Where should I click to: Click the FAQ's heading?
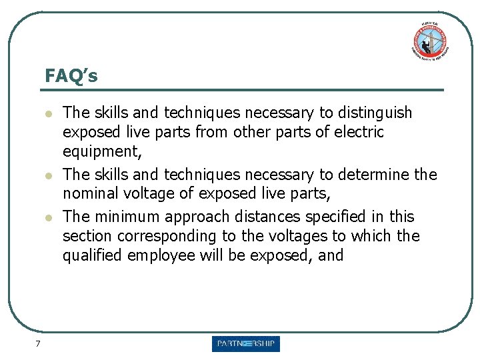tap(71, 76)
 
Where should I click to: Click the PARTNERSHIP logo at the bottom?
tap(246, 344)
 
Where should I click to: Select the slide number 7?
tap(38, 343)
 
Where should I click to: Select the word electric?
tap(358, 132)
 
